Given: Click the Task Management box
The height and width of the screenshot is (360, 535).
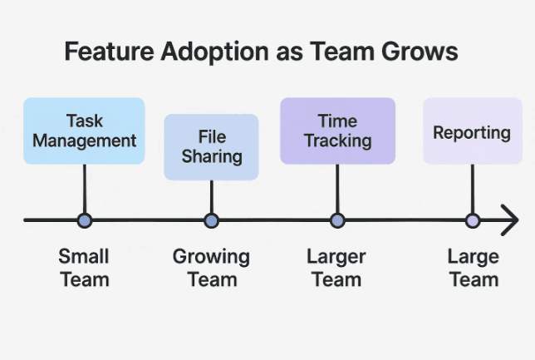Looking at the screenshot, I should point(84,130).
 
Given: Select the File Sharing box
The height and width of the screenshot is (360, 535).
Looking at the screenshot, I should point(211,146).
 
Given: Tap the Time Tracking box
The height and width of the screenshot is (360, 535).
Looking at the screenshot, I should point(336,130).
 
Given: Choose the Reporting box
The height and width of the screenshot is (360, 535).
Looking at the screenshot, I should point(472,131).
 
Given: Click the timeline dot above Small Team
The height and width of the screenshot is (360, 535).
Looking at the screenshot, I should point(84,220).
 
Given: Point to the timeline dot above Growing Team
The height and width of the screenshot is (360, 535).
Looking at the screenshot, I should point(211,220).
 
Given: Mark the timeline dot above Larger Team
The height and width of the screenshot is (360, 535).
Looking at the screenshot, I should point(336,220).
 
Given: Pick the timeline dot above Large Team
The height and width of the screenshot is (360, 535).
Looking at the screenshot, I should point(472,220).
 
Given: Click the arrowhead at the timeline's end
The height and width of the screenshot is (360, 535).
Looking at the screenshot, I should point(509,220).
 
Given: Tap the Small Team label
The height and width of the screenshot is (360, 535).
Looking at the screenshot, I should point(84,268).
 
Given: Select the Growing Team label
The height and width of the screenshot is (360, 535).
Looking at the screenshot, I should point(211,268).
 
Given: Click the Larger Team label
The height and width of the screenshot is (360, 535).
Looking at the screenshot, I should point(336,268).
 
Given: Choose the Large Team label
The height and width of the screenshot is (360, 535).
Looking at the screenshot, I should point(473,268).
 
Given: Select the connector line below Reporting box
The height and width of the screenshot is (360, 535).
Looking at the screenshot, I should point(472,189).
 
